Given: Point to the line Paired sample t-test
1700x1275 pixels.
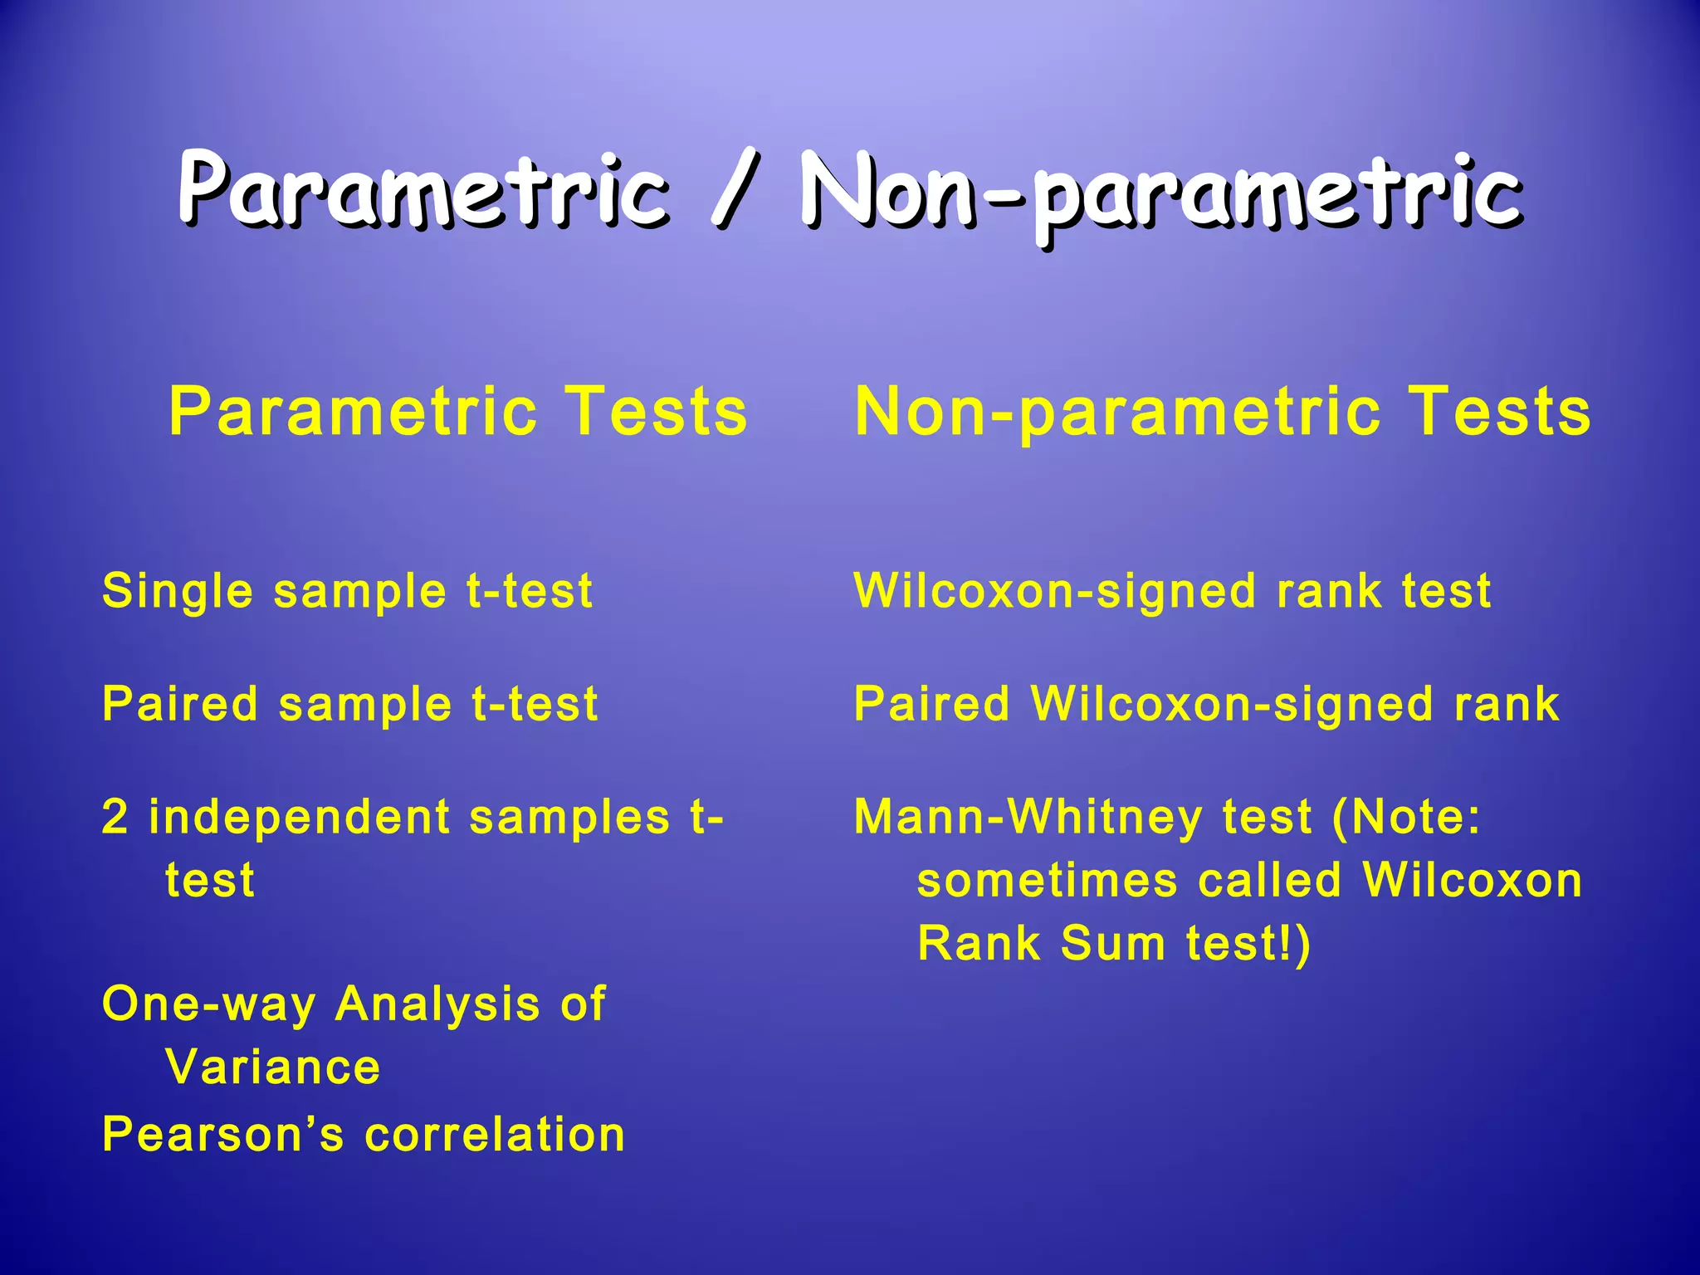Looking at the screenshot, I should tap(349, 704).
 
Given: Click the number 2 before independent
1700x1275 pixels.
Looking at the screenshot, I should tap(115, 817).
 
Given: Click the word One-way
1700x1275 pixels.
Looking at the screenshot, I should tap(208, 1004).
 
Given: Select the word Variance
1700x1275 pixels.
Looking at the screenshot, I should tap(273, 1067).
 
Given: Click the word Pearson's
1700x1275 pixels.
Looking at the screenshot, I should tap(222, 1134).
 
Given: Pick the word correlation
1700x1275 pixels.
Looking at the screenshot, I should tap(495, 1134).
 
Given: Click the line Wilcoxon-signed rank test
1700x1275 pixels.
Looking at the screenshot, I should tap(1172, 591).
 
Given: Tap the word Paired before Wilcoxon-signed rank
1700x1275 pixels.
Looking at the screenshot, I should tap(931, 704).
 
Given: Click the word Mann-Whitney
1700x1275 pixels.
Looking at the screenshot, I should tap(1028, 817).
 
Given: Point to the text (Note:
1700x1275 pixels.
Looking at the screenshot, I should tap(1406, 817).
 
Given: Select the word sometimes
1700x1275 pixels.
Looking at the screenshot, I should tap(1047, 880).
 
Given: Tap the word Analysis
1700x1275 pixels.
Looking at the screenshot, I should tap(437, 1004).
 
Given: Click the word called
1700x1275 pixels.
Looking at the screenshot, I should tap(1270, 880).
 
